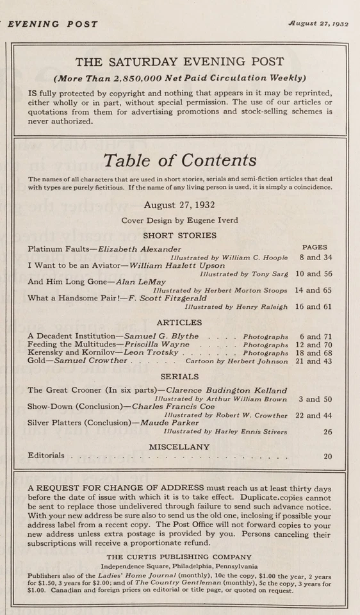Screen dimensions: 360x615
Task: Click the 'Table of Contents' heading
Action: tap(180, 160)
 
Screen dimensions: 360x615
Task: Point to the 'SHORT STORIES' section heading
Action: tap(179, 235)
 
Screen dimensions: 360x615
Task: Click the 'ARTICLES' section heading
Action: tap(179, 322)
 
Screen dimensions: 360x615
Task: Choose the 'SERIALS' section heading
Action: tap(179, 377)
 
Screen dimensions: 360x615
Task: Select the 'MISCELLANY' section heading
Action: tap(179, 446)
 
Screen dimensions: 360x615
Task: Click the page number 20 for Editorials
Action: tap(327, 457)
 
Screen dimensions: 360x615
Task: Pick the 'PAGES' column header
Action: tap(314, 247)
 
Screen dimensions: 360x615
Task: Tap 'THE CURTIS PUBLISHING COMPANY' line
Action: tap(179, 557)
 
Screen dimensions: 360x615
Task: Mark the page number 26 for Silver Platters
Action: tap(327, 432)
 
